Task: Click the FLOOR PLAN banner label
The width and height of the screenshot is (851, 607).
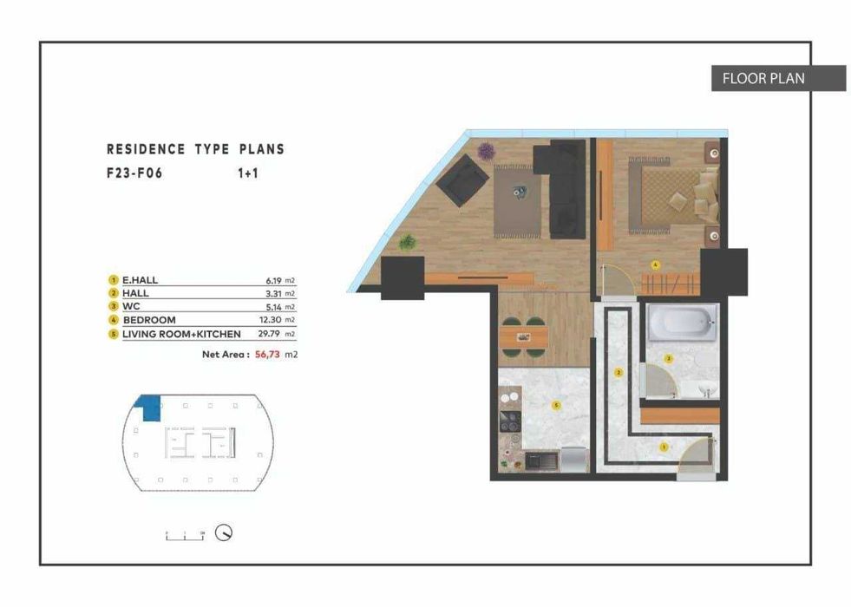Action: tap(763, 78)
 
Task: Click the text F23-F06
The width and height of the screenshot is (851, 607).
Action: tap(134, 173)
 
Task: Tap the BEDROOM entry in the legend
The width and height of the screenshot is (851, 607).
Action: tap(148, 320)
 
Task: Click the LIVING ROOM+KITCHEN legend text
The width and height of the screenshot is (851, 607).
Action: tap(181, 333)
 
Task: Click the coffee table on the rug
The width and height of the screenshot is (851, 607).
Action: tap(521, 193)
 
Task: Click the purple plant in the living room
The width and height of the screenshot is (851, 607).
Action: tap(487, 151)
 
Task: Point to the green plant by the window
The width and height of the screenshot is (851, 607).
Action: tap(407, 244)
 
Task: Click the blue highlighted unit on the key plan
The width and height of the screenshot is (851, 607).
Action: tap(151, 403)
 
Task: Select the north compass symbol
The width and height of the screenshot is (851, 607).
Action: tap(224, 533)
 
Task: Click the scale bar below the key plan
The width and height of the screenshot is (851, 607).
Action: tap(183, 534)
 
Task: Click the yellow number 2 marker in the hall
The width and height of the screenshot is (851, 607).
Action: tap(619, 373)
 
